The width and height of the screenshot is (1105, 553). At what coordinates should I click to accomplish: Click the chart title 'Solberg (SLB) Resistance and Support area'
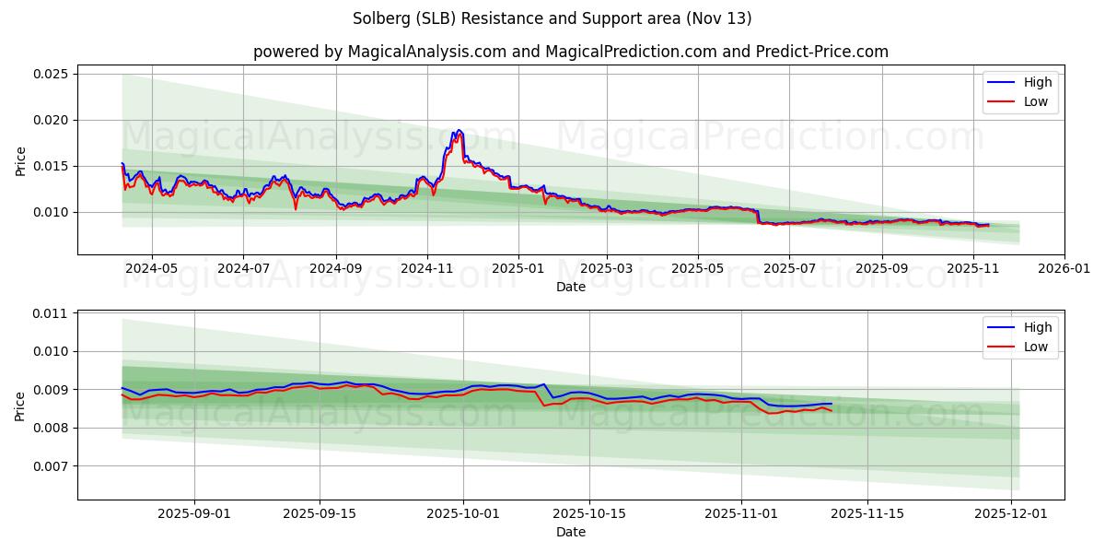[x=552, y=18]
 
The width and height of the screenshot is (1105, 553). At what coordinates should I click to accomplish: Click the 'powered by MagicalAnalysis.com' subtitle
[x=570, y=52]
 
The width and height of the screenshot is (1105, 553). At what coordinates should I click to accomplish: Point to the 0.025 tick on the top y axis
[x=51, y=74]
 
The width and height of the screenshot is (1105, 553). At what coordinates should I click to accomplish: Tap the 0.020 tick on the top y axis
[x=51, y=120]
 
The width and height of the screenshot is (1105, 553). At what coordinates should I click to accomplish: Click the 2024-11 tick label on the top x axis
[x=427, y=269]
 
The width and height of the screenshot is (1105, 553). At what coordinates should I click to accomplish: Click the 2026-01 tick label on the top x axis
[x=1064, y=269]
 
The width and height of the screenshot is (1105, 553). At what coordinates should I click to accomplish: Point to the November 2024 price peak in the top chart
[x=457, y=131]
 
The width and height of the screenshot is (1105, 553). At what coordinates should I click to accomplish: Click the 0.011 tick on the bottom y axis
[x=51, y=313]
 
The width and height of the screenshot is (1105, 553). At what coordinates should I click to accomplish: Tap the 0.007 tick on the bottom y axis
[x=51, y=466]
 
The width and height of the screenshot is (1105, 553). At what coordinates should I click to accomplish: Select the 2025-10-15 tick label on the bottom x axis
[x=591, y=514]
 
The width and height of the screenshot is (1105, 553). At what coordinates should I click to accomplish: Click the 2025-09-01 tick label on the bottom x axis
[x=193, y=514]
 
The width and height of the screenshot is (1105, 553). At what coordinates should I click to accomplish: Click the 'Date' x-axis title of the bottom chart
[x=570, y=532]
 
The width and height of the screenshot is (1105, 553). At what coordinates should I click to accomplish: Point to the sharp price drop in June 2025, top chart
[x=758, y=217]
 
